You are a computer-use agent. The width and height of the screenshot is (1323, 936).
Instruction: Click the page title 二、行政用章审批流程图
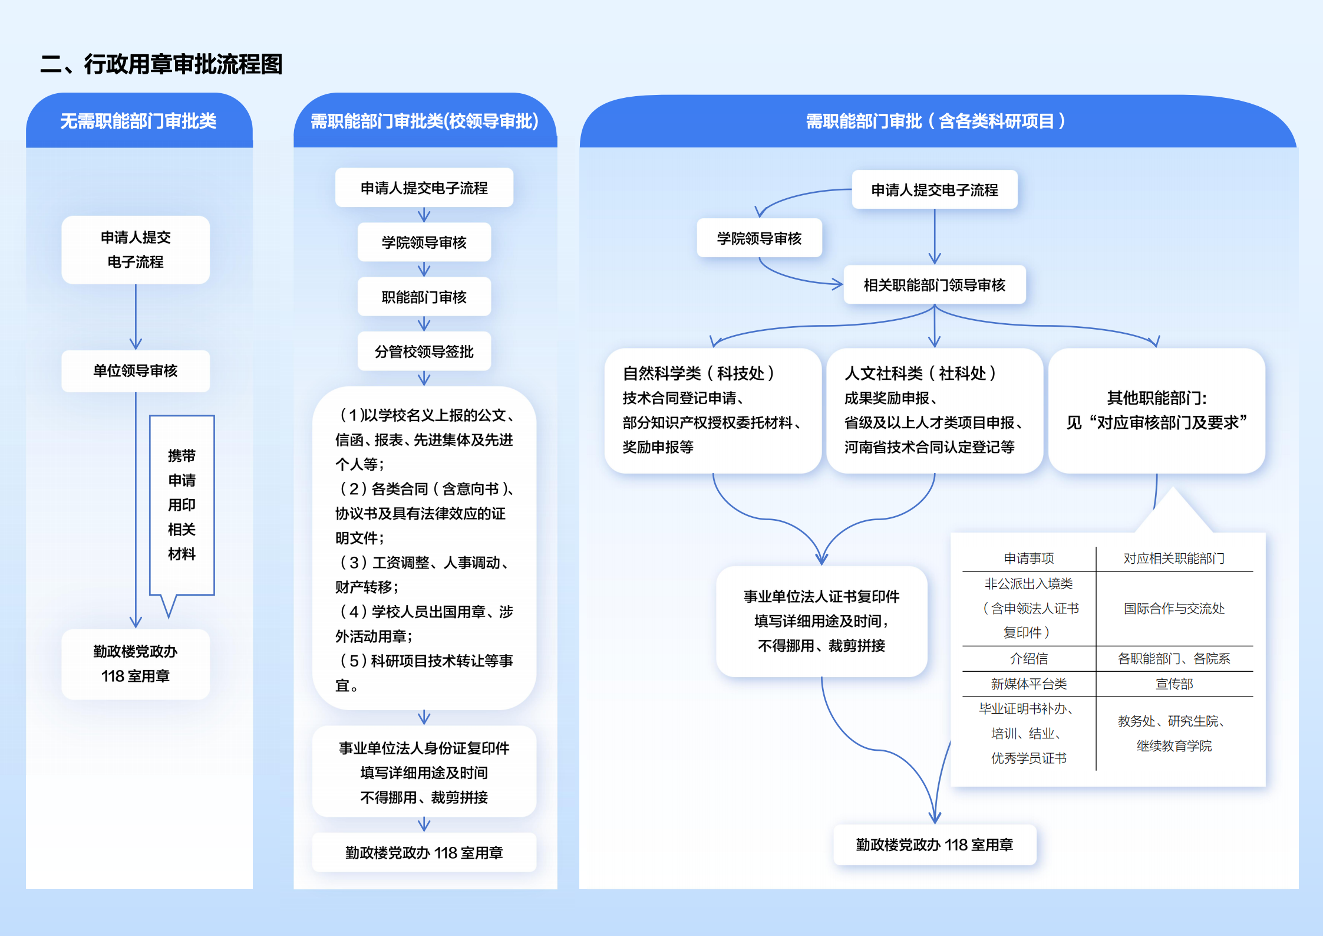[161, 64]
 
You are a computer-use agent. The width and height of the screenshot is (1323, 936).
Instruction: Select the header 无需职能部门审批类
[138, 121]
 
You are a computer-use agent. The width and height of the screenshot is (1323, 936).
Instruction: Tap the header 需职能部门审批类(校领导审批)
[424, 121]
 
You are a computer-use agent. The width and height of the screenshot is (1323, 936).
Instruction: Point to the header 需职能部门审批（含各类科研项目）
[936, 121]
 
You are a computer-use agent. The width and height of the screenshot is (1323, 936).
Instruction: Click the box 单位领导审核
[136, 371]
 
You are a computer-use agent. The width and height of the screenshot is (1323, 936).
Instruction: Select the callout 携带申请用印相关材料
[182, 505]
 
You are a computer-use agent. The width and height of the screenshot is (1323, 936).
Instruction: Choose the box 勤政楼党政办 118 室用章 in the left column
[136, 664]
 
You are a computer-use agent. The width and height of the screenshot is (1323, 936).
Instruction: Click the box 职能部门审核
[424, 297]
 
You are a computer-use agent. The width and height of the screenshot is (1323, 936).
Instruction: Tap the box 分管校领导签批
[424, 352]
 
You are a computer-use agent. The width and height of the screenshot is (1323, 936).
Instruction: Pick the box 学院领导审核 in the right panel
[759, 238]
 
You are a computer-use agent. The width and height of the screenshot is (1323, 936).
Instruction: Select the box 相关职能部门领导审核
[935, 285]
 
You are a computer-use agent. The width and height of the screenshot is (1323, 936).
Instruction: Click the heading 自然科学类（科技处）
[699, 373]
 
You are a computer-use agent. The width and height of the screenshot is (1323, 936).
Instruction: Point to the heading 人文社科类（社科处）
[921, 373]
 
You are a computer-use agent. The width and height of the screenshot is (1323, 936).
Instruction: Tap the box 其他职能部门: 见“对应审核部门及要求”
[1157, 410]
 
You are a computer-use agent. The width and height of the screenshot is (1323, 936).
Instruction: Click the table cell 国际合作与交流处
[1174, 609]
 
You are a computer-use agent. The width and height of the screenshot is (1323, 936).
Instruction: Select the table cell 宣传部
[1174, 684]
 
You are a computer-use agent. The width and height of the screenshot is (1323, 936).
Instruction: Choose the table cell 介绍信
[1029, 659]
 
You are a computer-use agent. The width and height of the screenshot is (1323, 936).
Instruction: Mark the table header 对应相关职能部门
[1174, 559]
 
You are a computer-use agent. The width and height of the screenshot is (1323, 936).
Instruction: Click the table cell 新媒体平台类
[1029, 684]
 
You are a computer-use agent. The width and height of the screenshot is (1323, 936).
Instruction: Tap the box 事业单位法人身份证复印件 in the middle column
[424, 772]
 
